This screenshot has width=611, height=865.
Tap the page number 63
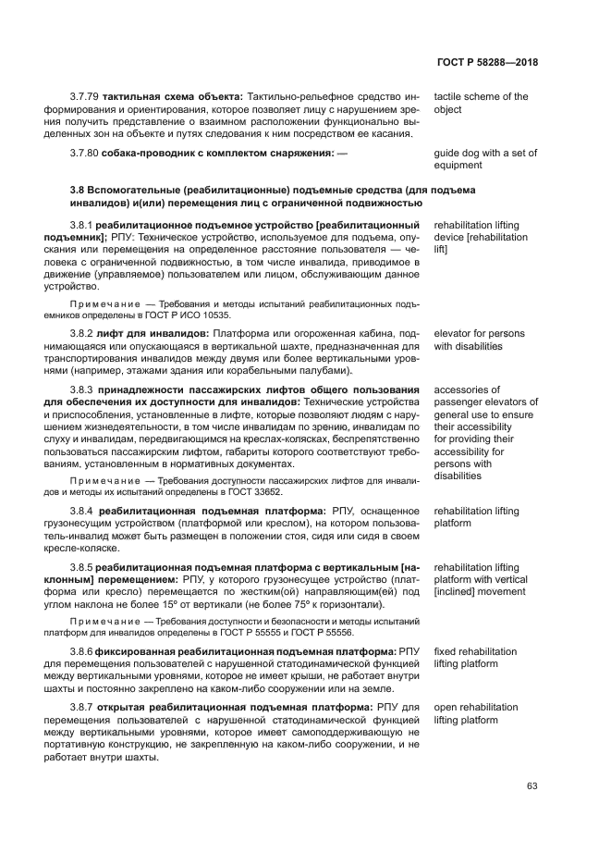(x=532, y=786)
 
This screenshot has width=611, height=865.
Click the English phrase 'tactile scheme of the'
(x=481, y=97)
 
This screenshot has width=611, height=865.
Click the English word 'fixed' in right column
(x=446, y=652)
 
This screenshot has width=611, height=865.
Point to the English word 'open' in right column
(x=446, y=708)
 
